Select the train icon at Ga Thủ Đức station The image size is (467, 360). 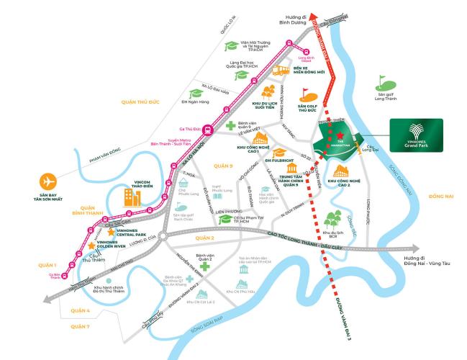point(207,131)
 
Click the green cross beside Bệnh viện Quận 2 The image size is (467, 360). point(205,267)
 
